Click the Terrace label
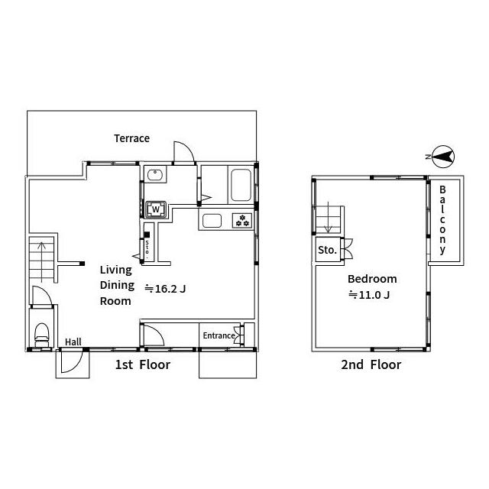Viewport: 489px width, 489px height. coord(131,138)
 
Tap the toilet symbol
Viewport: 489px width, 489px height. coord(42,335)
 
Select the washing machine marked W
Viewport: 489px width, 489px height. coord(156,209)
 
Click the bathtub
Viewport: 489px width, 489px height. coord(241,185)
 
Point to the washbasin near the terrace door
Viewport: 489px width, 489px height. coord(154,175)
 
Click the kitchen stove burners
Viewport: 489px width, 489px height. coord(242,221)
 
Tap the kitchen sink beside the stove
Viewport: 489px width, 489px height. coord(212,221)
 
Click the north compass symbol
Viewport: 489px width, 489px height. coord(442,157)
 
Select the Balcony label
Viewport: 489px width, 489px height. coord(442,220)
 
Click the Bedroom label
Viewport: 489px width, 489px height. coord(372,279)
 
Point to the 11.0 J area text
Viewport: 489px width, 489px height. coord(369,295)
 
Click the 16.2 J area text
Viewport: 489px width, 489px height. coord(165,289)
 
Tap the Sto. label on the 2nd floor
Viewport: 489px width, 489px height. coord(327,250)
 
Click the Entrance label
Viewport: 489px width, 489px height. coord(219,335)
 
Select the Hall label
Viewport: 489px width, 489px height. coord(73,342)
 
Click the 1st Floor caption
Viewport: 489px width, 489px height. coord(143,364)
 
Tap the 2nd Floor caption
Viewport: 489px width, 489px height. coord(371,364)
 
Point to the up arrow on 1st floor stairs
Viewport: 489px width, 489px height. coord(41,261)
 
